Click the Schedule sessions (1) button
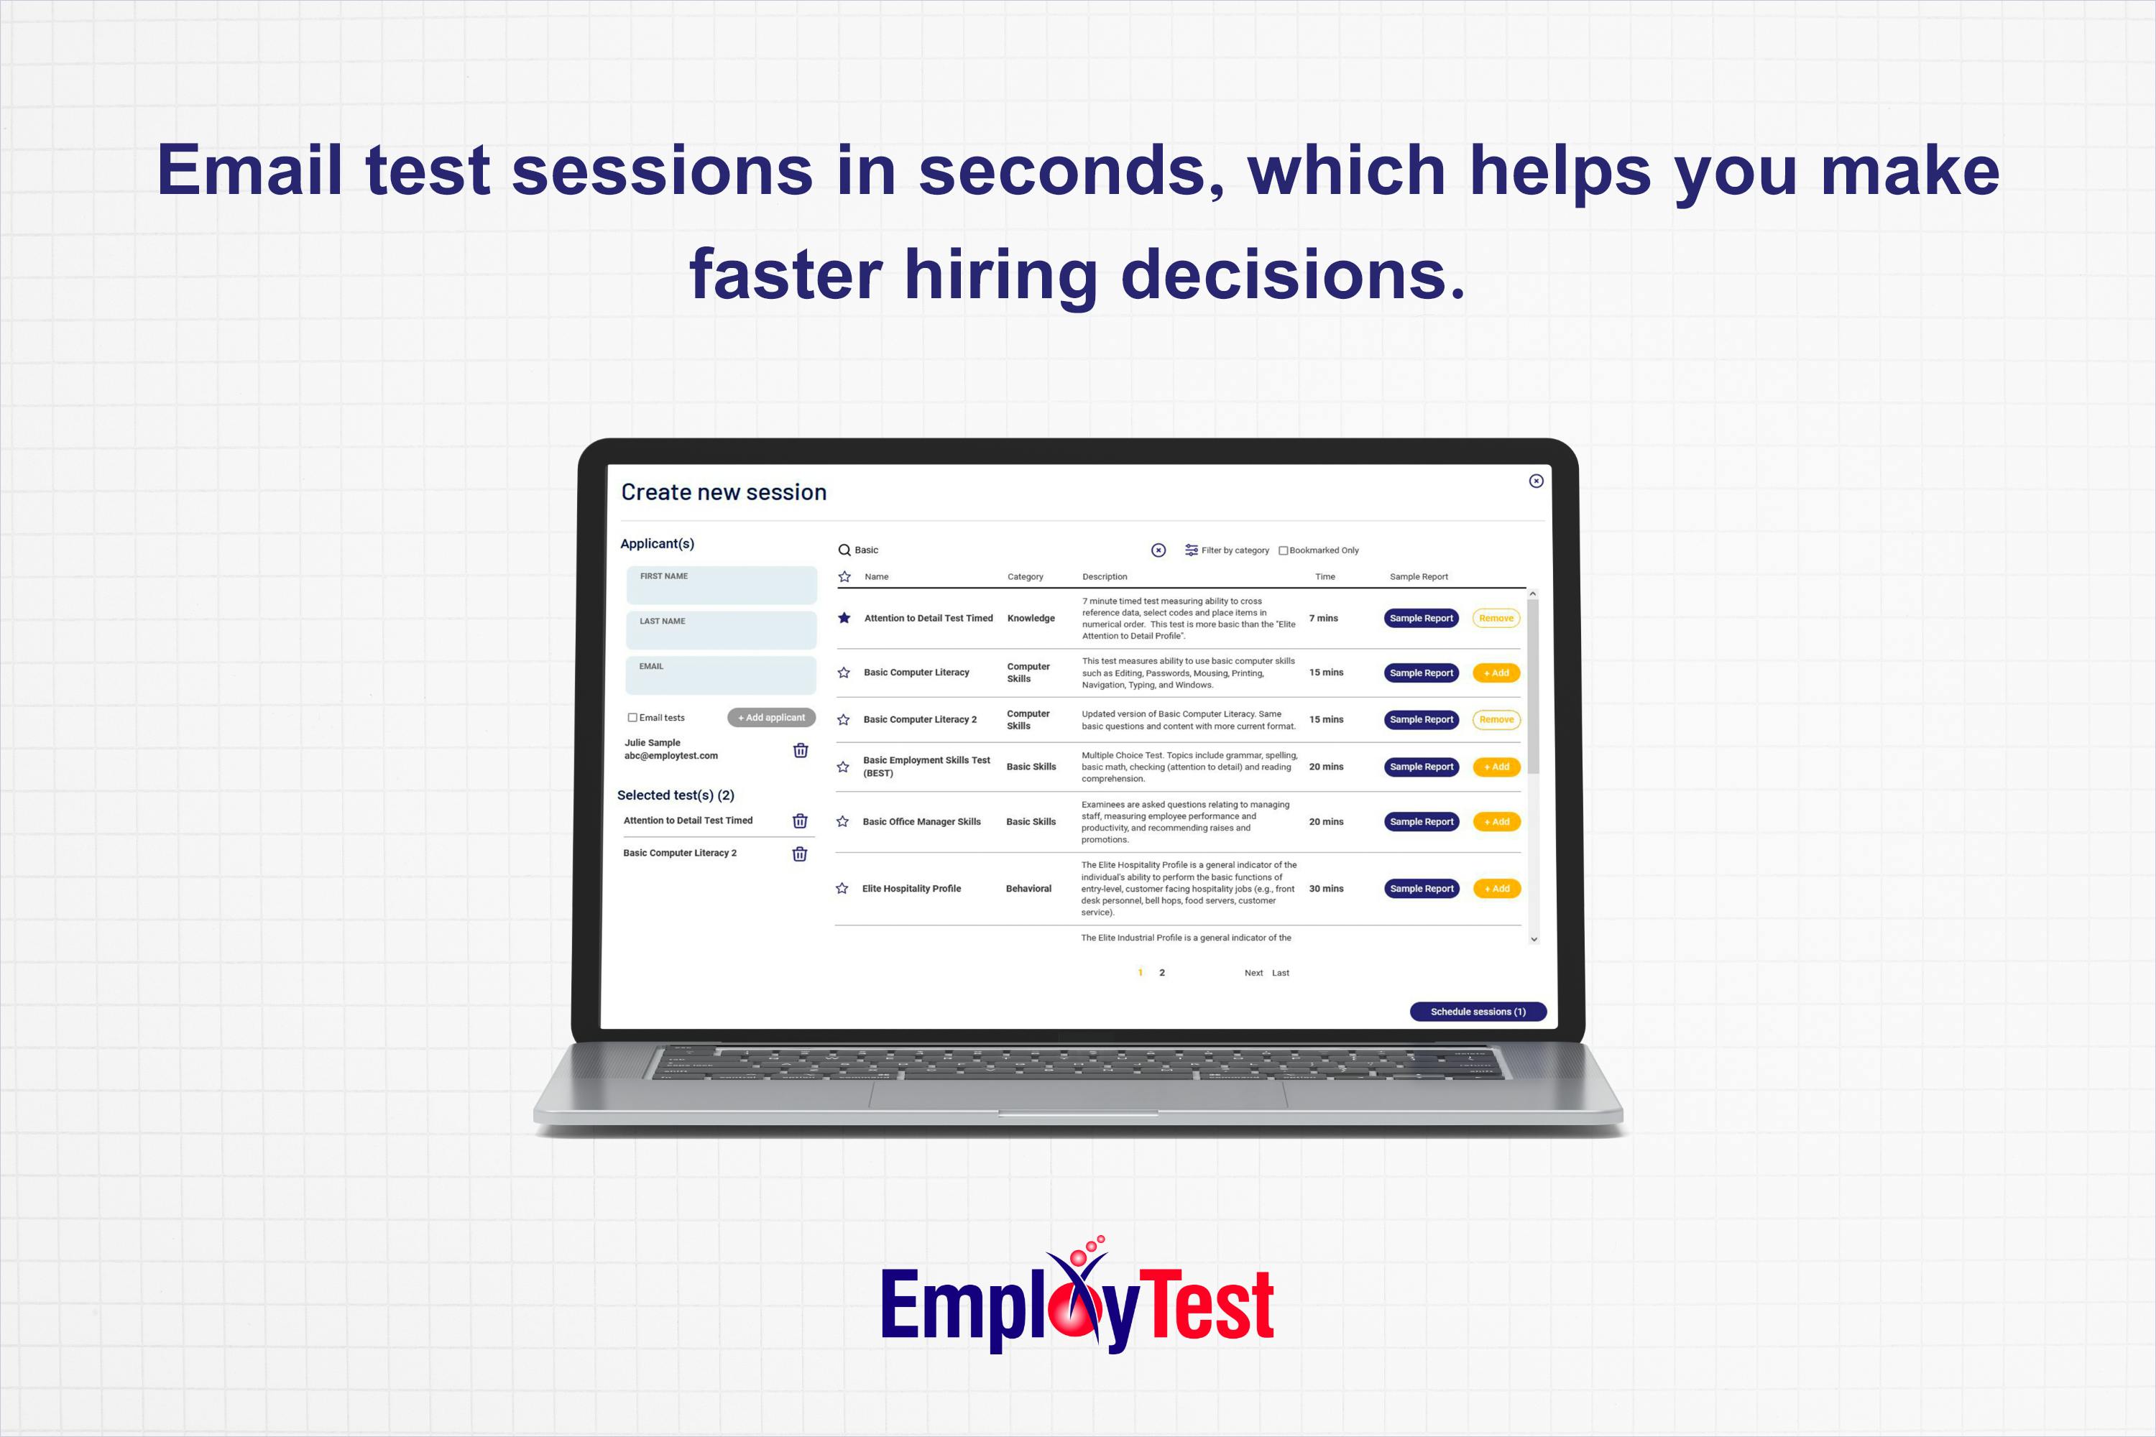[1478, 1012]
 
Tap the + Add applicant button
[771, 718]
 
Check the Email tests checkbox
[632, 718]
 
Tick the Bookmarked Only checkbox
[1284, 551]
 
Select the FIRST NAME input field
[722, 586]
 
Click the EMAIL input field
[721, 676]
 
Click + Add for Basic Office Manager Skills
[1496, 822]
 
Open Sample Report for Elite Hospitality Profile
[1421, 889]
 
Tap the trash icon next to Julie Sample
[801, 751]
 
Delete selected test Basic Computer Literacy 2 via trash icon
[799, 854]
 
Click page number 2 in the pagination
[1162, 974]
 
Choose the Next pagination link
[1253, 974]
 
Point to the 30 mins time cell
[1325, 889]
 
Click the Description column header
[1105, 578]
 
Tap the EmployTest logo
[1077, 1301]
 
